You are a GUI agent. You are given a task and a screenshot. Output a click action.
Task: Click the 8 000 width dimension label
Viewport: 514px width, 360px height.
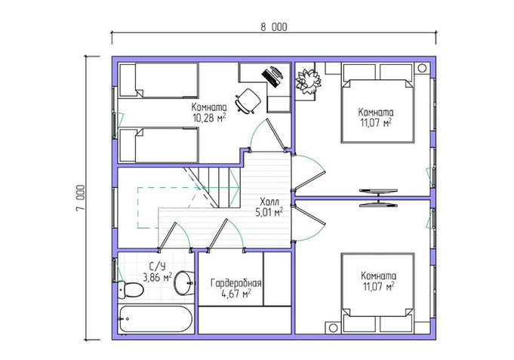(274, 27)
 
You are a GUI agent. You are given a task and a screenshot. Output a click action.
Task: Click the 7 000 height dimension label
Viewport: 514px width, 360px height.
(81, 198)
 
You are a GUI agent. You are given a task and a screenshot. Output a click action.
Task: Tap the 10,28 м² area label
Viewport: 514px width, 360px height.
(209, 118)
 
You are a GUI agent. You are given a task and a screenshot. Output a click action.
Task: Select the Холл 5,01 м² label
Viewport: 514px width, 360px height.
(269, 207)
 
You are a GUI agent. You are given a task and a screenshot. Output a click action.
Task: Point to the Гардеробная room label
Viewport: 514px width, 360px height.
(236, 282)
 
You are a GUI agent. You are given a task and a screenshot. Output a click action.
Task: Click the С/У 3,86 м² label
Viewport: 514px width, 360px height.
(157, 272)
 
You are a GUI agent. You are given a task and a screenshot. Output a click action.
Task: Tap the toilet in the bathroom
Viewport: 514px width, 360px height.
(130, 290)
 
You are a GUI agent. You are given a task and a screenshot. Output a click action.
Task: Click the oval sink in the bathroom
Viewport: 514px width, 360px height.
(184, 282)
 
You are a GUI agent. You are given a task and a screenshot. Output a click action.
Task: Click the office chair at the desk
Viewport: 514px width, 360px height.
(248, 100)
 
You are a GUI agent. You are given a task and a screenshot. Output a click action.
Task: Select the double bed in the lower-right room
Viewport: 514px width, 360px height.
(377, 292)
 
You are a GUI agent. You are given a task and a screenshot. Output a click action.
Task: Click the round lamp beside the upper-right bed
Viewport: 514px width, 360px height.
(422, 68)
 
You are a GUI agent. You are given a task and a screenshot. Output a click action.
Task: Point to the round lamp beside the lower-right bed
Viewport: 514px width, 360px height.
(334, 328)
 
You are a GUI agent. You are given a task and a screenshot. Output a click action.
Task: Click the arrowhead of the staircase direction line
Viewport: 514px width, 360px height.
(236, 187)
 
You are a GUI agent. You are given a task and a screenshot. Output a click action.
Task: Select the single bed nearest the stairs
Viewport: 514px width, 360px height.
(159, 145)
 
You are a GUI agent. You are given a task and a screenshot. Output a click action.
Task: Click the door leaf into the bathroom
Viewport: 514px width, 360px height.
(168, 236)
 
